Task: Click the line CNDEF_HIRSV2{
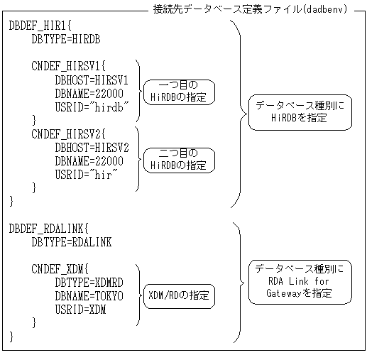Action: coord(68,133)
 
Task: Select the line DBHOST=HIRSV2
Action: coord(91,147)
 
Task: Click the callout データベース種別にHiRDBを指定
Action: coord(300,112)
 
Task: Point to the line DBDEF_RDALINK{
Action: coord(48,229)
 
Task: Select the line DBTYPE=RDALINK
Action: coord(71,242)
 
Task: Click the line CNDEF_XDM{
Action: coord(60,269)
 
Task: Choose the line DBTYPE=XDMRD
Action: coord(88,282)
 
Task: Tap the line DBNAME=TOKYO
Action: coord(88,295)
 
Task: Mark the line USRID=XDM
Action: coord(80,308)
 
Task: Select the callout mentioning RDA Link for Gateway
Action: coord(300,281)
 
